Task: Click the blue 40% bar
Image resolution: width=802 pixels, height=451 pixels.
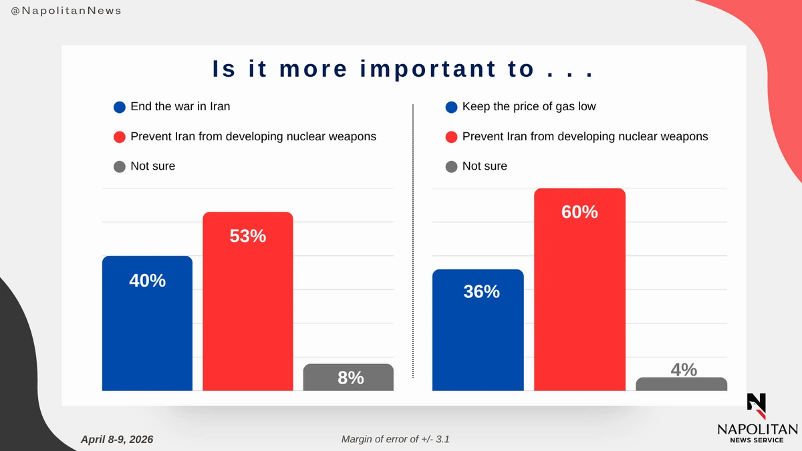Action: (x=147, y=323)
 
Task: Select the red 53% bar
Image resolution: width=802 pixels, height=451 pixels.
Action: (x=248, y=301)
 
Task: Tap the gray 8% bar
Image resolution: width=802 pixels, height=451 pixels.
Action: (x=348, y=378)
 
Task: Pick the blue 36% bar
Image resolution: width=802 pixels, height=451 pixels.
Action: (x=478, y=330)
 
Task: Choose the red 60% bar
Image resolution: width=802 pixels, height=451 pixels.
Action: (x=579, y=289)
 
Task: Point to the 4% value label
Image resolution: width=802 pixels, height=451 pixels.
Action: (x=684, y=369)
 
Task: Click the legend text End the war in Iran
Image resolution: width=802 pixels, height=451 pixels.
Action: (x=180, y=107)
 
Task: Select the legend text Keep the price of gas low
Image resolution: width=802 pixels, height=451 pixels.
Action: (x=529, y=107)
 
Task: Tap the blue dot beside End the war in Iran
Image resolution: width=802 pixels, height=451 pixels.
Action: (x=120, y=107)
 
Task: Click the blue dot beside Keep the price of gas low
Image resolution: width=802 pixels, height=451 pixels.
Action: (x=452, y=107)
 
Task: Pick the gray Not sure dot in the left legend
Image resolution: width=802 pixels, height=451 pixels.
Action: (x=120, y=166)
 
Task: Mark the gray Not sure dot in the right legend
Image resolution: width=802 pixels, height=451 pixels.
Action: (x=452, y=166)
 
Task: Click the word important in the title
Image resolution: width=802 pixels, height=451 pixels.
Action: (x=428, y=69)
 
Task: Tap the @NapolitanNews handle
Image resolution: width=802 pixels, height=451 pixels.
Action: (x=66, y=11)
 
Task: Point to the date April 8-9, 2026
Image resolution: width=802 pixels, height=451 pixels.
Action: (x=117, y=439)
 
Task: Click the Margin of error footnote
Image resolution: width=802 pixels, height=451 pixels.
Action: (x=395, y=439)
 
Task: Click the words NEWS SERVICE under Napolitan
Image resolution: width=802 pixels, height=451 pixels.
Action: (x=757, y=440)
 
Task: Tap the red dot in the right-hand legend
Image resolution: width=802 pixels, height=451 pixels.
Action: (x=452, y=137)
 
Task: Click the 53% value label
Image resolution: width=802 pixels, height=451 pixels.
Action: (x=248, y=236)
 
